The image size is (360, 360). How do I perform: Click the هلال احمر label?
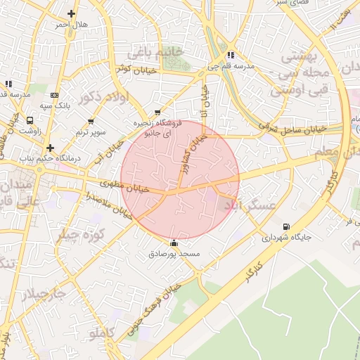[72, 25]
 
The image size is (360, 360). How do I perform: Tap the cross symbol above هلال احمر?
[72, 13]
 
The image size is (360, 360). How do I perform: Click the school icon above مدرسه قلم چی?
[231, 55]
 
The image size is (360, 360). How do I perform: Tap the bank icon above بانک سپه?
[55, 95]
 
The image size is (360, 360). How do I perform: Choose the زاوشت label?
[30, 131]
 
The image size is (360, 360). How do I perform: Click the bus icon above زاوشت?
[30, 120]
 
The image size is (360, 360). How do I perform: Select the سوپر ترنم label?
[92, 131]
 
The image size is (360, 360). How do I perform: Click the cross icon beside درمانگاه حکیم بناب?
[50, 148]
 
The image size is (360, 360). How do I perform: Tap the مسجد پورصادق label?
[174, 253]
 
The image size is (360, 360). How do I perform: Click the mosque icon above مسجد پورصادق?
[174, 243]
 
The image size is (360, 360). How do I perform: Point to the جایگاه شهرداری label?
[285, 238]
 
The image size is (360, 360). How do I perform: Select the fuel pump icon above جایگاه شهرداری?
[285, 226]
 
